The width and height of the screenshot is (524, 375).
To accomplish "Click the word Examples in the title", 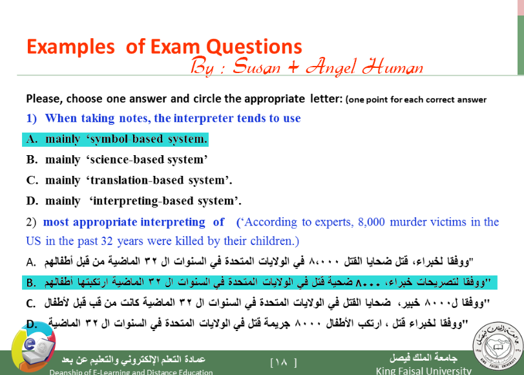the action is [x=70, y=47].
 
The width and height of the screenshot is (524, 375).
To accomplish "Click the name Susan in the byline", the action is [x=257, y=66].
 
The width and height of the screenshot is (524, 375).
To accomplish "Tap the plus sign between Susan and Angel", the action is [x=293, y=67].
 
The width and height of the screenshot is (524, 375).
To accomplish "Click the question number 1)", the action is [x=32, y=118].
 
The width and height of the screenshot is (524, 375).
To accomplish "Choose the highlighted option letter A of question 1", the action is [x=32, y=139].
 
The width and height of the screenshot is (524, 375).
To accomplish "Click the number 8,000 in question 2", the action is [x=372, y=222].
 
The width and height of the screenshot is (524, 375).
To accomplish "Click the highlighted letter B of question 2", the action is [x=31, y=283].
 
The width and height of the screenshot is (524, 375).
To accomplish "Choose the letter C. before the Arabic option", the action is [x=31, y=303].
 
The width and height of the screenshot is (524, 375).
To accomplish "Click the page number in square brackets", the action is [x=284, y=362].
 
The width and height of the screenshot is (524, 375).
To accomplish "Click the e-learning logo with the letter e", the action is [x=33, y=347].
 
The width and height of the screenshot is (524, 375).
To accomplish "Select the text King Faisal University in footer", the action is [x=423, y=370].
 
